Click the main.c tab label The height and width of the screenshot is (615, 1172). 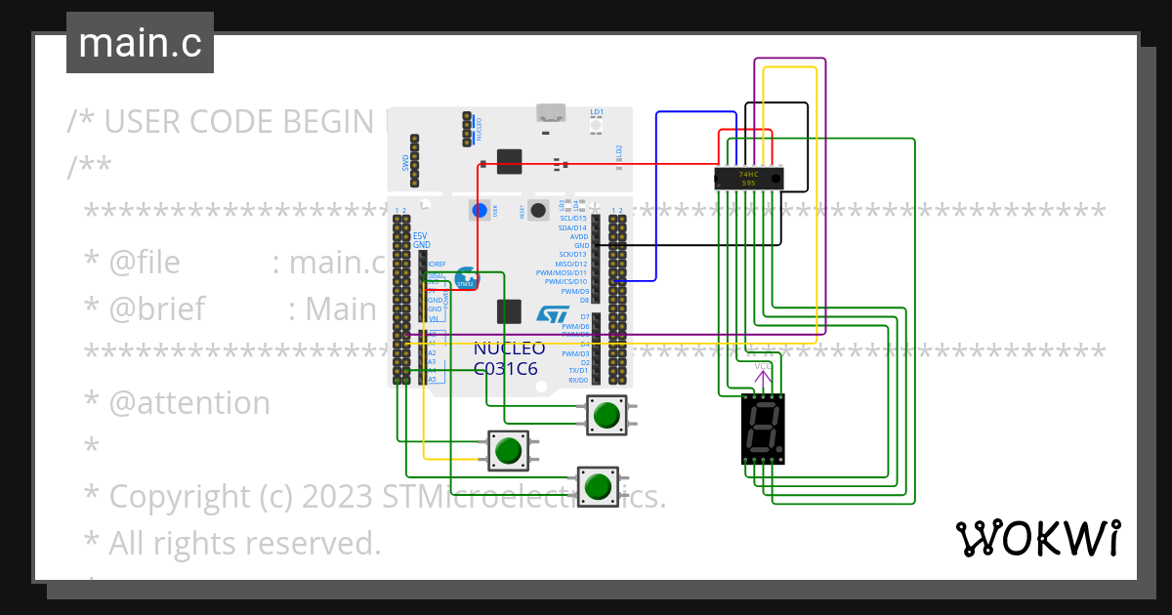[x=140, y=44]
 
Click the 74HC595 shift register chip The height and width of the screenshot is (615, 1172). [x=749, y=178]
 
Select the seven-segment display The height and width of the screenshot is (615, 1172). [x=762, y=429]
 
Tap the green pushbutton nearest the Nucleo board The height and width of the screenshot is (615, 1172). [x=607, y=415]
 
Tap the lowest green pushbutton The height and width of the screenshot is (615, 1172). [x=598, y=485]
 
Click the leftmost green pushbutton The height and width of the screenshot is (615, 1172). [x=508, y=451]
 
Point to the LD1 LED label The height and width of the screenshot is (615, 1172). [x=597, y=112]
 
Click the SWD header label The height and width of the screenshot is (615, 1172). [x=405, y=163]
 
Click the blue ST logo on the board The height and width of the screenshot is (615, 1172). [x=553, y=313]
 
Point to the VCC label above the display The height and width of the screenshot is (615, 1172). [x=762, y=366]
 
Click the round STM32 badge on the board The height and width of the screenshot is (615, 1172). [x=466, y=278]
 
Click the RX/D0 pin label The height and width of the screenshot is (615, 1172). [x=578, y=380]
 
